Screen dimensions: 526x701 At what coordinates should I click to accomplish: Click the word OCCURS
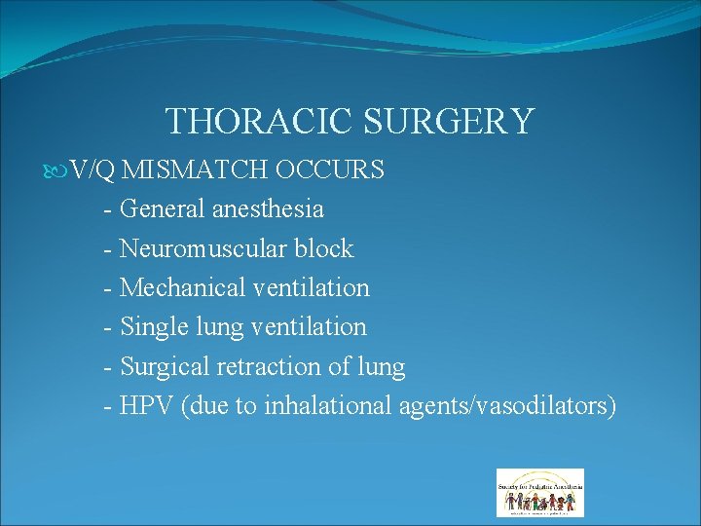330,170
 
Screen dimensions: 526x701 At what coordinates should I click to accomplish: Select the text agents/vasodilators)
507,406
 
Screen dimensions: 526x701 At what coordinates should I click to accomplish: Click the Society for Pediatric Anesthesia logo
539,492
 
